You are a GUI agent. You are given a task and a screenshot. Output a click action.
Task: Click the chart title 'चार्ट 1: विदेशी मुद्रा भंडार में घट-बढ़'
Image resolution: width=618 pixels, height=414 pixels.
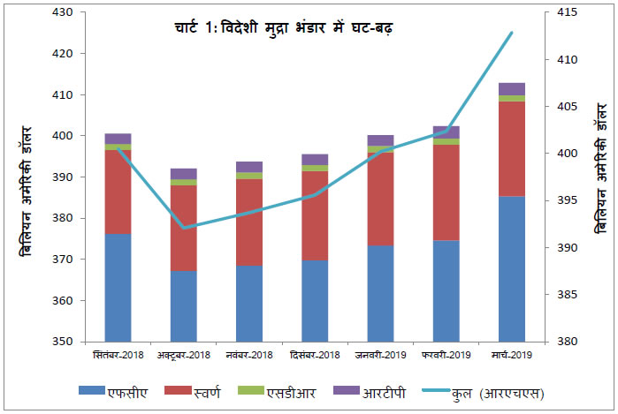(x=283, y=28)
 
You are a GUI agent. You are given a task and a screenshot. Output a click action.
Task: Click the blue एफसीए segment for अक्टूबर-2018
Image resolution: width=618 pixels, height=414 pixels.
(x=183, y=305)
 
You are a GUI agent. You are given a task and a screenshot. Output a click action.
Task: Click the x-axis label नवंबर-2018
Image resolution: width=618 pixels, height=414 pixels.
(x=249, y=355)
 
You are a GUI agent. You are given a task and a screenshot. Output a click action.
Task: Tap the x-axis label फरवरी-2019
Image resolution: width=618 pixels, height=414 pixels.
(x=446, y=355)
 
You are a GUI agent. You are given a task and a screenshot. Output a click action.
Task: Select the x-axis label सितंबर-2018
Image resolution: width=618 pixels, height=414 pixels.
(x=118, y=355)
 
